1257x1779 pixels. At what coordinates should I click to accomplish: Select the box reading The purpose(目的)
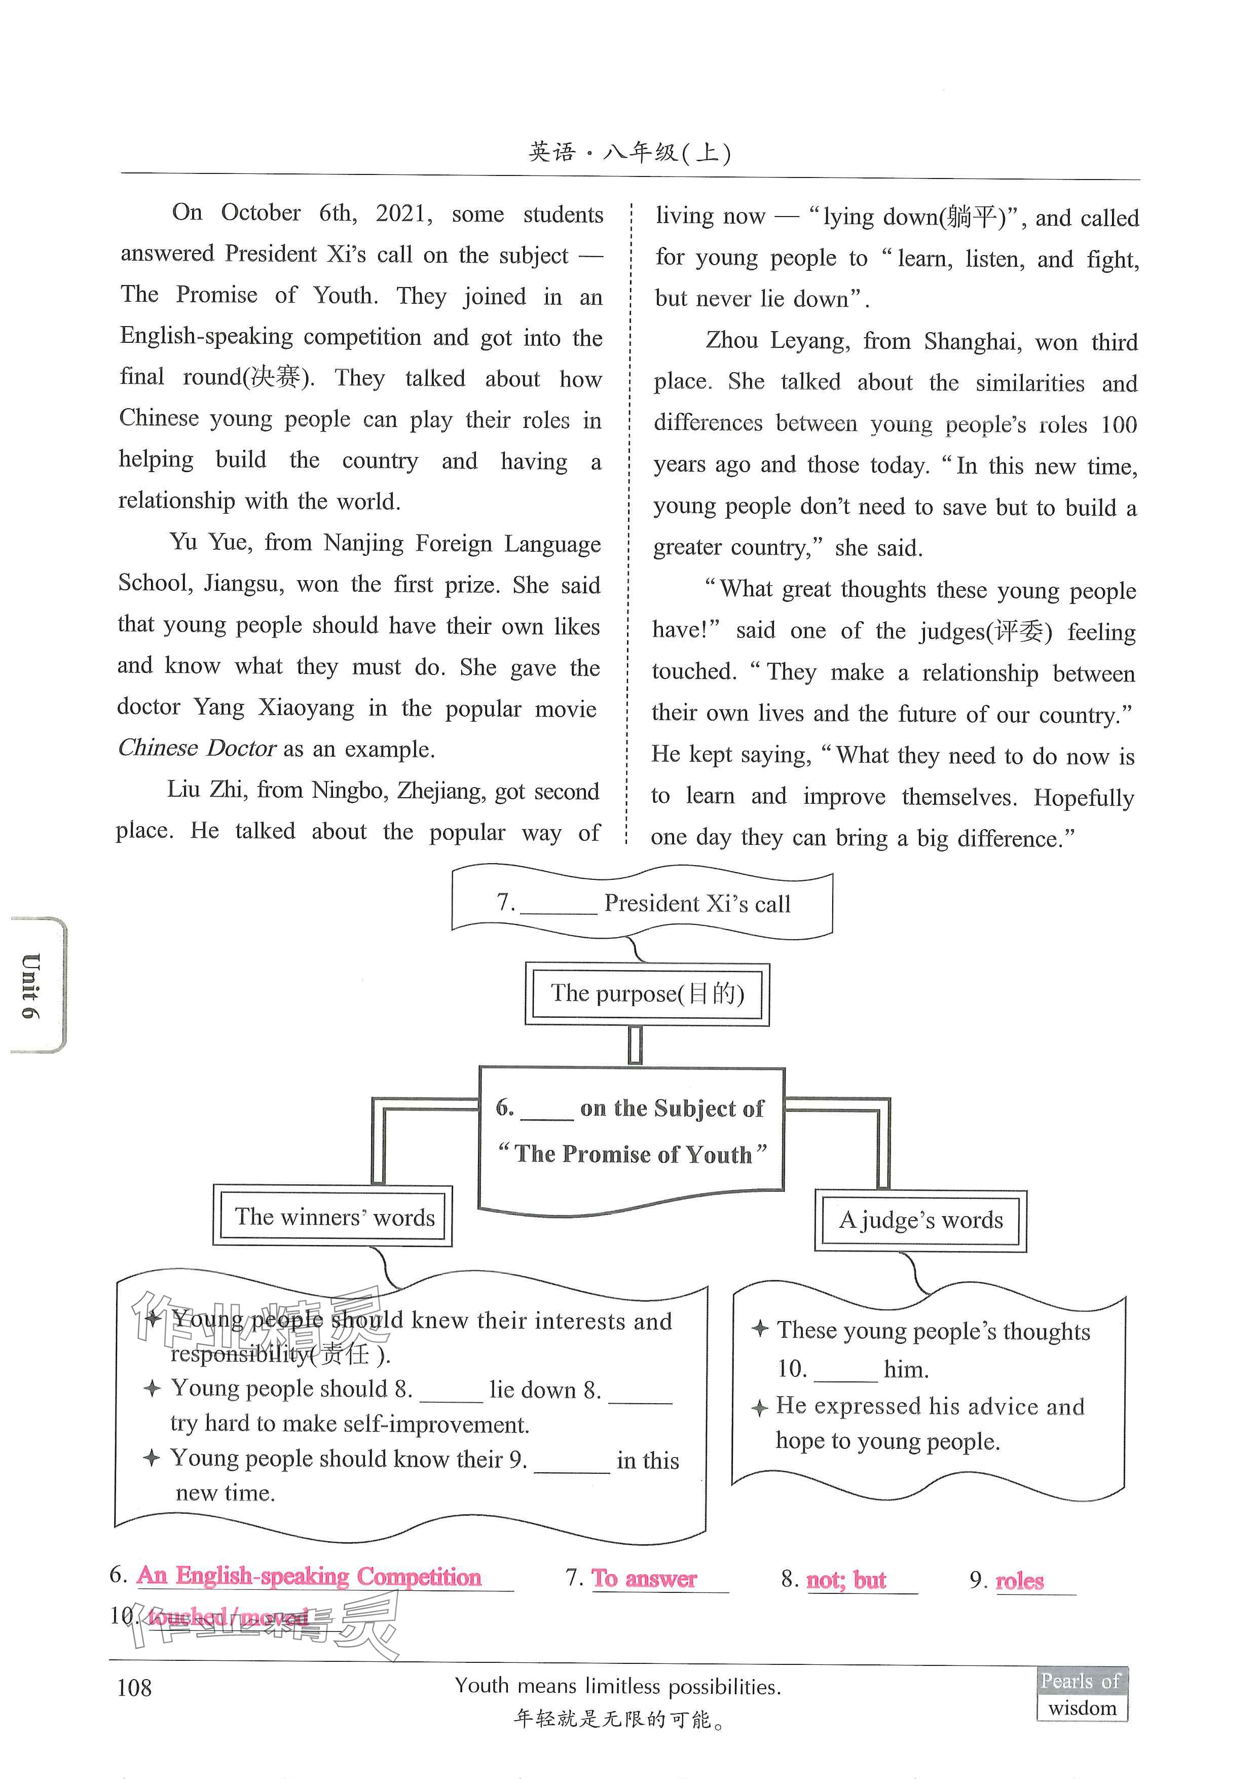[647, 994]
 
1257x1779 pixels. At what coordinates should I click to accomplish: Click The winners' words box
[334, 1217]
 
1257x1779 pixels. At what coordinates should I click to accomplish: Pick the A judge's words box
[920, 1220]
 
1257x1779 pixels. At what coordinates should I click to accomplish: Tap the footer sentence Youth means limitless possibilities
[617, 1687]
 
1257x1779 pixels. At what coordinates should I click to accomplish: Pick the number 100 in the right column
[1118, 424]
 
